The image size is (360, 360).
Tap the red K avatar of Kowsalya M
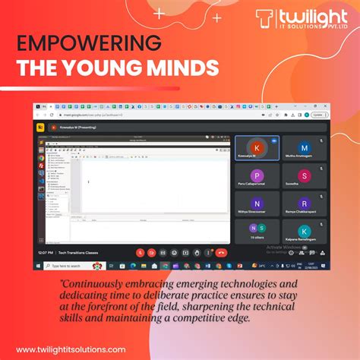click(x=257, y=147)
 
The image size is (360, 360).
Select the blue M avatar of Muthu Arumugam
click(x=305, y=148)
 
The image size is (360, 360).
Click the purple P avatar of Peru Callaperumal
click(x=257, y=175)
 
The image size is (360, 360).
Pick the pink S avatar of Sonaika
click(x=305, y=175)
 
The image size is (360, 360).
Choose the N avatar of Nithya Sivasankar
click(x=257, y=204)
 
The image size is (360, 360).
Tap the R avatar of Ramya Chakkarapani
click(x=305, y=204)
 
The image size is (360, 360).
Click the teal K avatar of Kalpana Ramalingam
click(x=305, y=231)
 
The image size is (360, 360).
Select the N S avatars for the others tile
click(x=257, y=228)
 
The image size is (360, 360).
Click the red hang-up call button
click(x=221, y=252)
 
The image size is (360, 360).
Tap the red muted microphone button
click(x=141, y=252)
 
